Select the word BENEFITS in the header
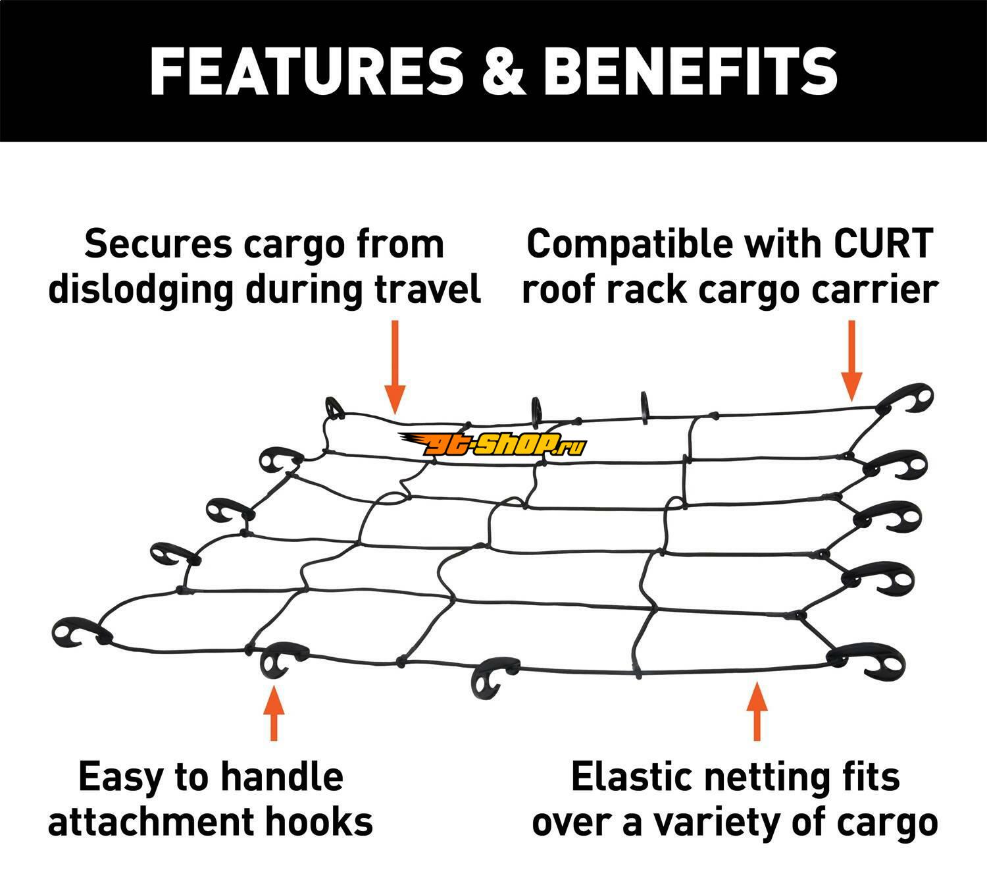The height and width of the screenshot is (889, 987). [691, 70]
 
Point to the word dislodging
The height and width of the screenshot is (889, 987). [141, 290]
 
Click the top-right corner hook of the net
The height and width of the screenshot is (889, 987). [908, 398]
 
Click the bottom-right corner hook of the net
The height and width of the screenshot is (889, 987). [869, 662]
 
